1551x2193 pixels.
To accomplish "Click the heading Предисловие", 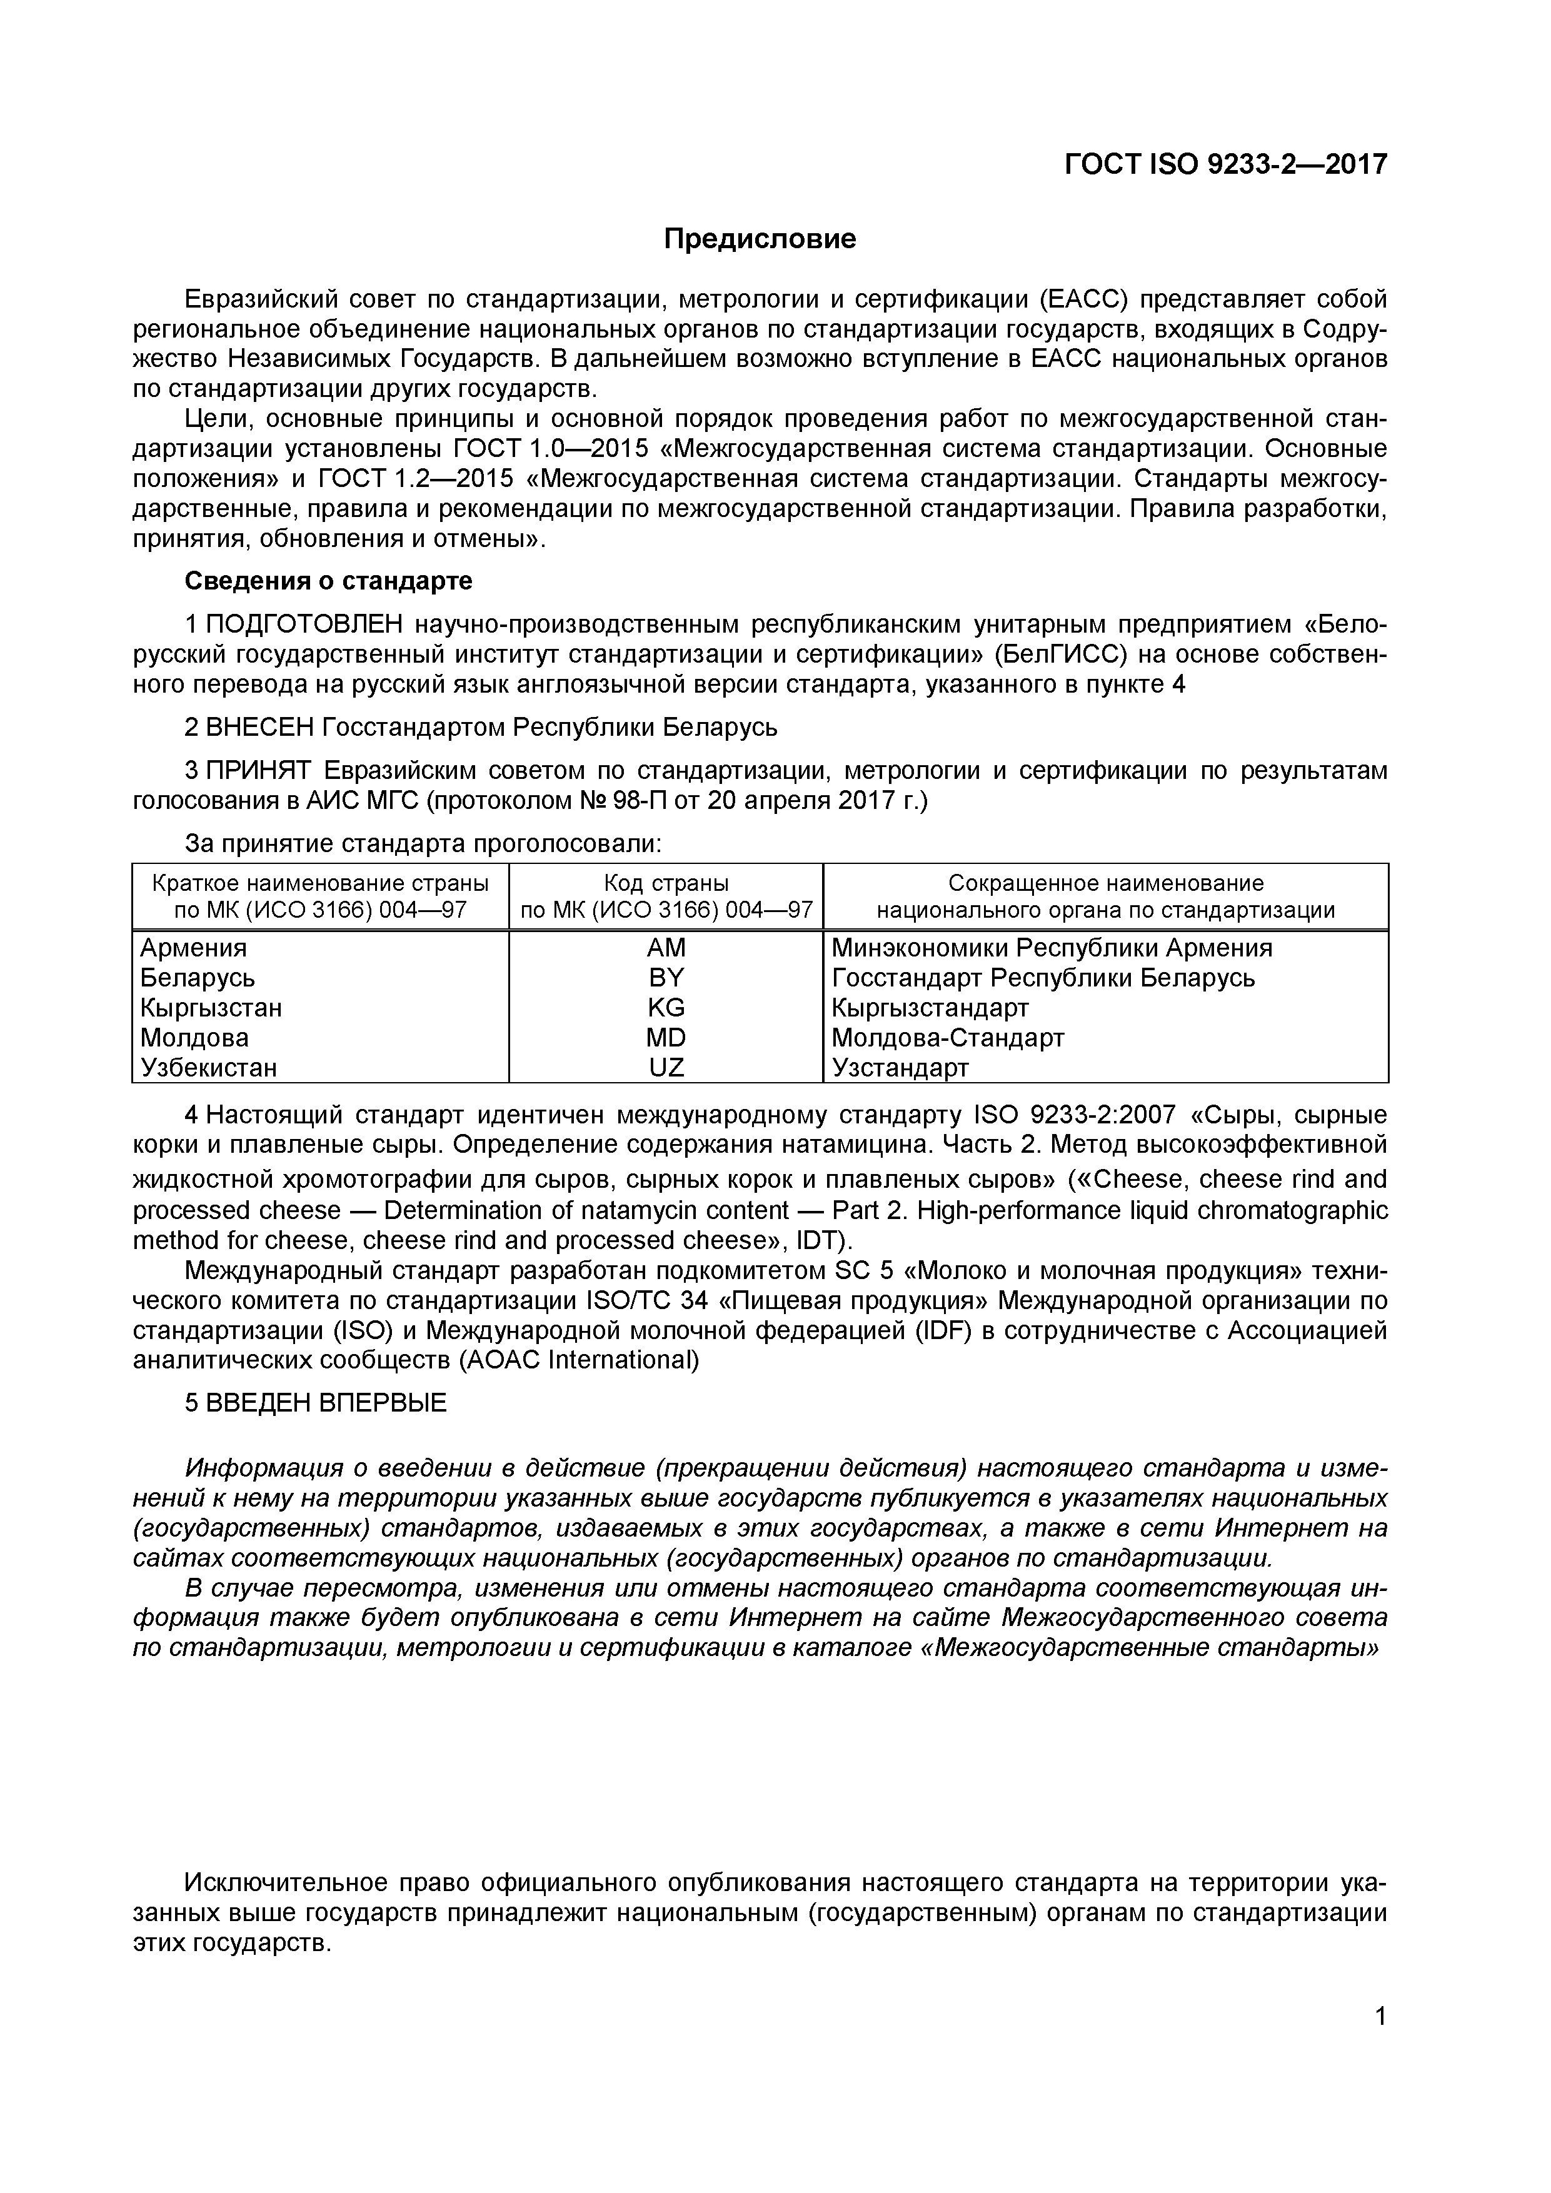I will pos(760,239).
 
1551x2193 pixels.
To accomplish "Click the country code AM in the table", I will pos(666,948).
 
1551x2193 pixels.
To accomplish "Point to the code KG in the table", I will pos(666,1008).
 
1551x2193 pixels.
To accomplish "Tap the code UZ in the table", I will pos(666,1067).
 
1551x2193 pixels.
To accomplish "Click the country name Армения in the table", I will pos(193,948).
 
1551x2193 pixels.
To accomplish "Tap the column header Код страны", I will pos(666,883).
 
